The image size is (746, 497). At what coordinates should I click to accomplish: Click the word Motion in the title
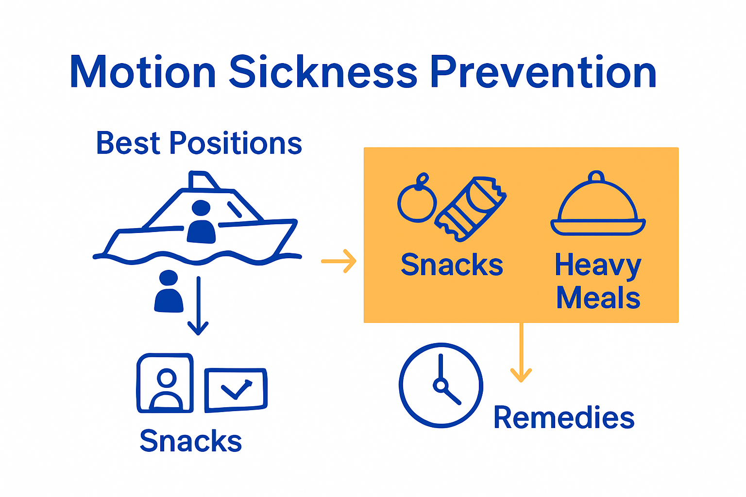pyautogui.click(x=142, y=72)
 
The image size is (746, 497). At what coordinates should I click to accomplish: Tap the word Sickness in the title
pyautogui.click(x=323, y=72)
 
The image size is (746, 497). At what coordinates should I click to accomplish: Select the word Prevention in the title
pyautogui.click(x=543, y=72)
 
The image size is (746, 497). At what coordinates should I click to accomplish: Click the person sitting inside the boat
pyautogui.click(x=201, y=223)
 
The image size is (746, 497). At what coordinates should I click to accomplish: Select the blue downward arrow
pyautogui.click(x=198, y=306)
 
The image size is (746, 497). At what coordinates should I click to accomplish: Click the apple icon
pyautogui.click(x=417, y=200)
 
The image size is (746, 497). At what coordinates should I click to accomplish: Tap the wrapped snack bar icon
pyautogui.click(x=471, y=209)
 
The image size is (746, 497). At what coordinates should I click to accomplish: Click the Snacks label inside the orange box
pyautogui.click(x=452, y=265)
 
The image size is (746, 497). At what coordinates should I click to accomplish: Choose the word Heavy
pyautogui.click(x=598, y=266)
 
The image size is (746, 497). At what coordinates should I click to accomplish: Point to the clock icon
pyautogui.click(x=441, y=385)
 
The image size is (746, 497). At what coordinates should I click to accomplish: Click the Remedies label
pyautogui.click(x=564, y=417)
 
